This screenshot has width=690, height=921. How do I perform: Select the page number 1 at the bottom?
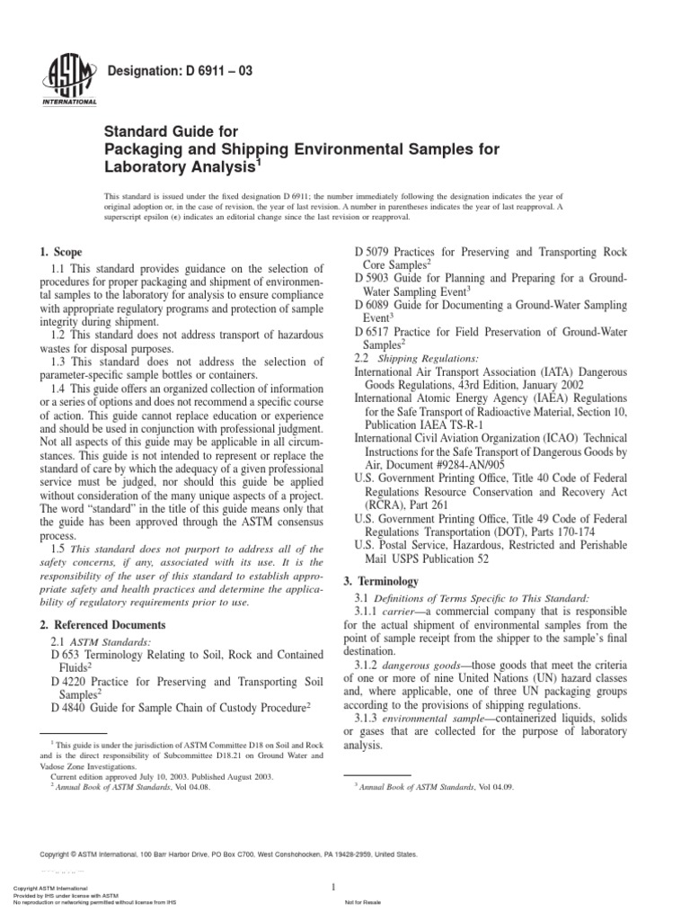332,888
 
